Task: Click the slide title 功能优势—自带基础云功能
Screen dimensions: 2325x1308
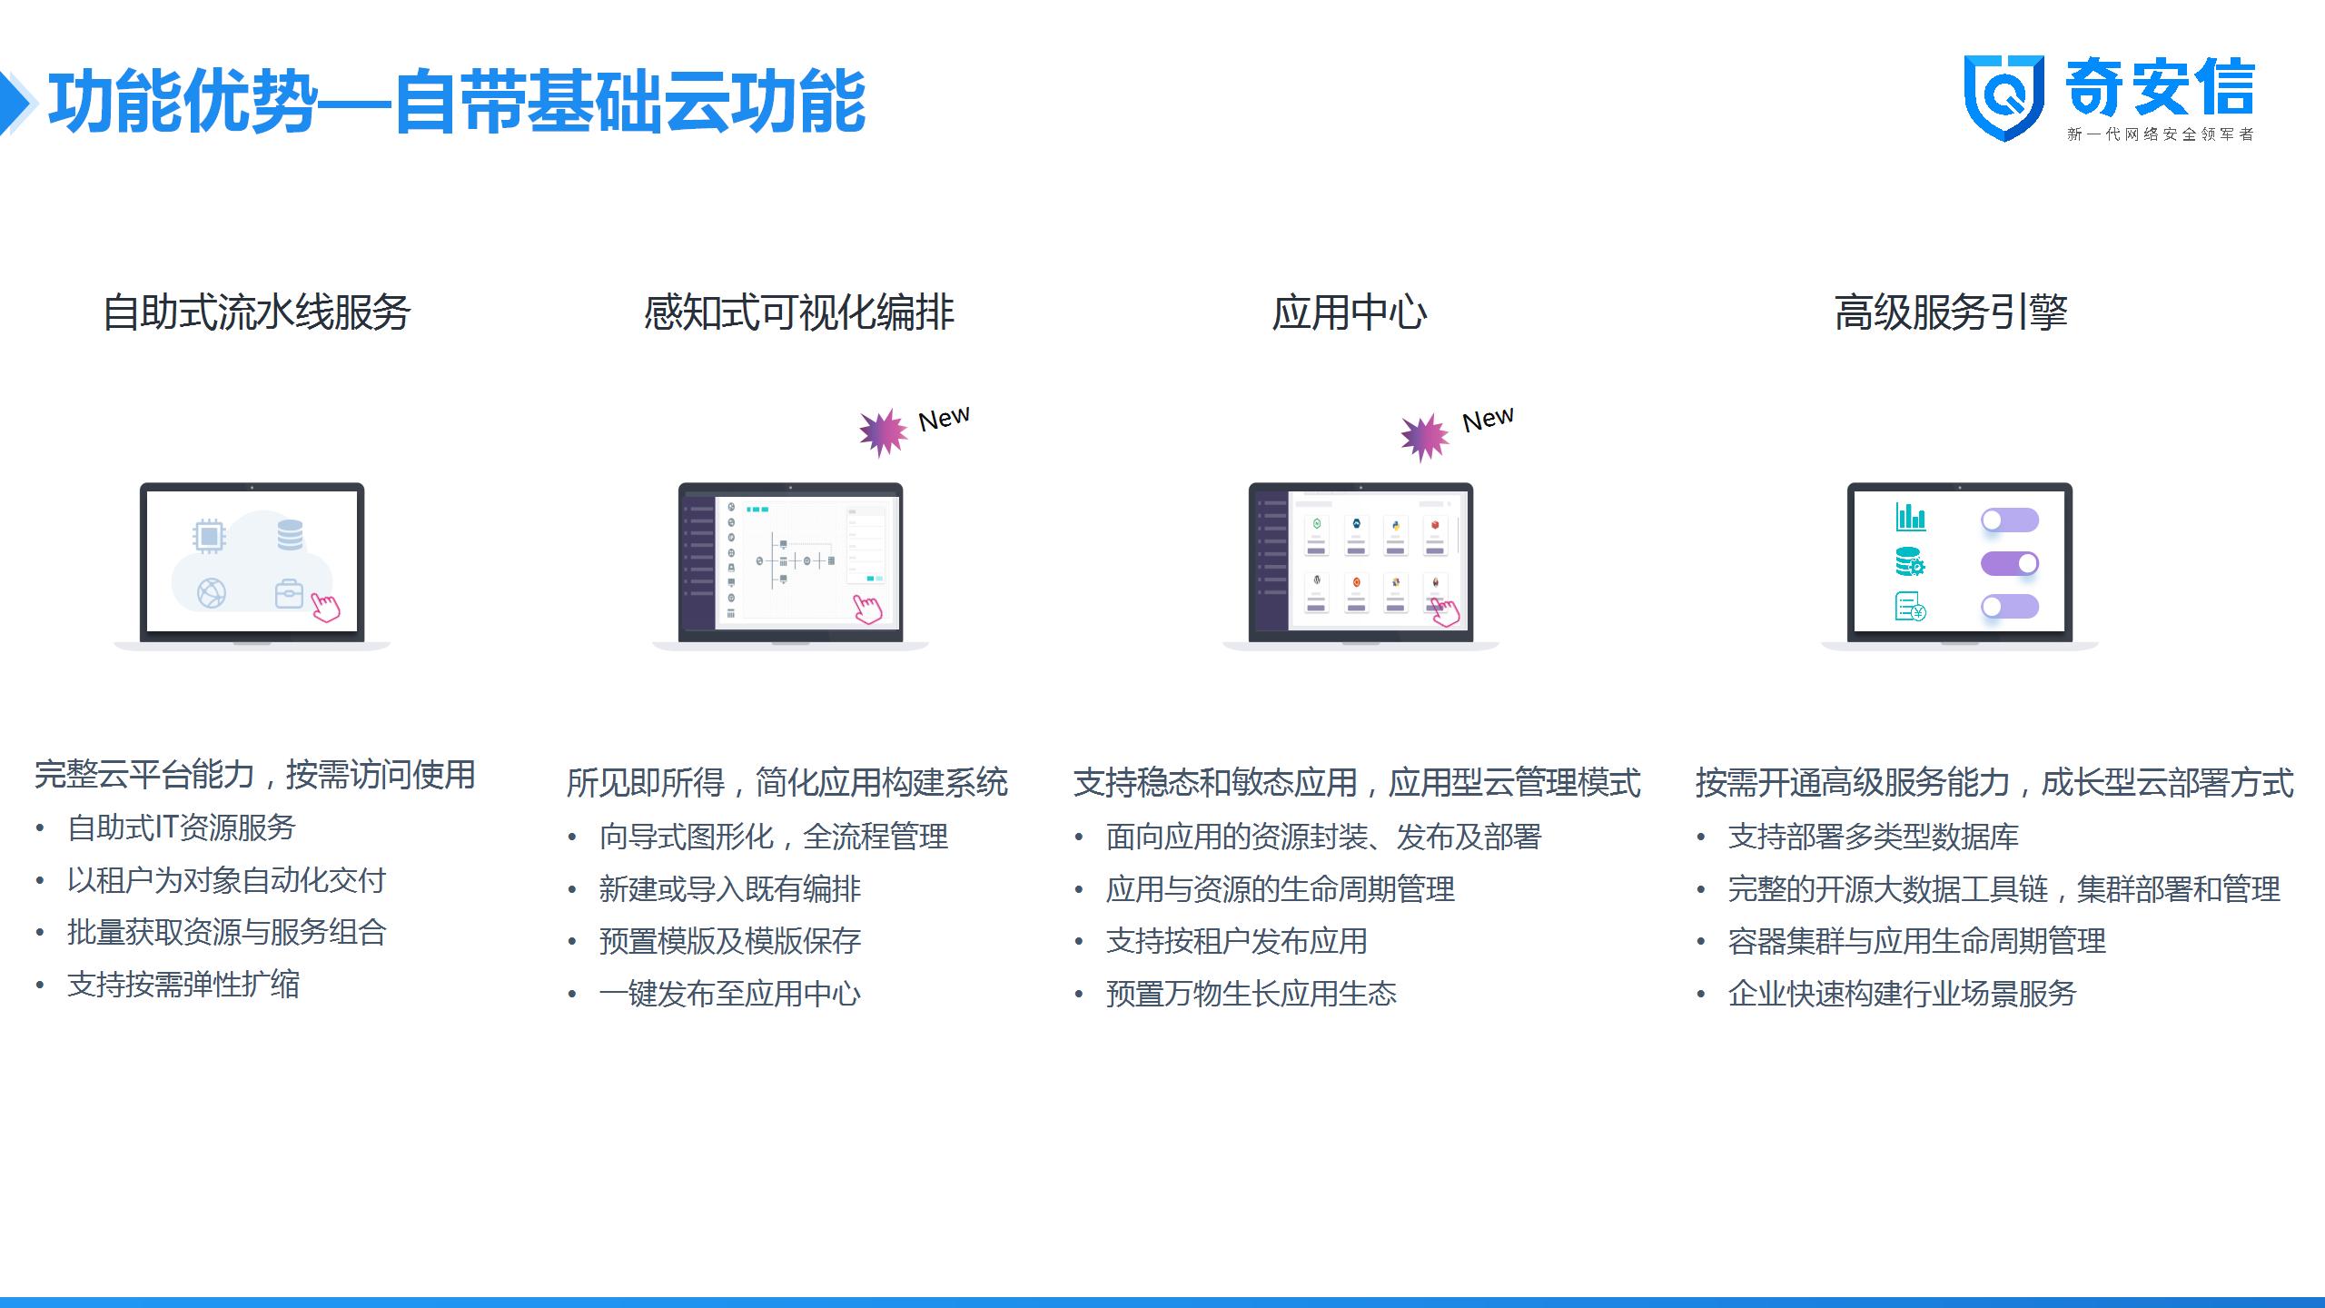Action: point(457,102)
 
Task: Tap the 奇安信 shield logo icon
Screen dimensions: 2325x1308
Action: point(2003,98)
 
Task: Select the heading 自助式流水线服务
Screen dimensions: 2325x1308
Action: point(257,312)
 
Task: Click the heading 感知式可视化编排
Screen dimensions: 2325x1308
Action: point(798,312)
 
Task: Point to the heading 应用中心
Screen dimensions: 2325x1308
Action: point(1350,312)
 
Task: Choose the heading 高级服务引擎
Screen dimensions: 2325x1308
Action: point(1951,312)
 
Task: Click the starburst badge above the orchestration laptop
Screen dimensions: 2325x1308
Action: point(883,432)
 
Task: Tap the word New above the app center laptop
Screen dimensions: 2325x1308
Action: point(1488,419)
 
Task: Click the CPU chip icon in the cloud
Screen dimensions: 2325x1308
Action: point(209,536)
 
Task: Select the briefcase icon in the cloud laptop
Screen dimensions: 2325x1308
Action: point(289,593)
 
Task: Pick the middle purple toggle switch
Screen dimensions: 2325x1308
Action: point(2010,563)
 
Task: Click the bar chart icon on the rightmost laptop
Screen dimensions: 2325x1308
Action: point(1911,517)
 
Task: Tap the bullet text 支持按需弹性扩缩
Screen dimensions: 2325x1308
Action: point(183,985)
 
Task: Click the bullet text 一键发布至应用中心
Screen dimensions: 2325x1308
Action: point(730,994)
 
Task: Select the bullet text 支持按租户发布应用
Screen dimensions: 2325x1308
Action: point(1237,941)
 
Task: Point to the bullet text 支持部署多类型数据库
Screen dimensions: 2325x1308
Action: point(1874,837)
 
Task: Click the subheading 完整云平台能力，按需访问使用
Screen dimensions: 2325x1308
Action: point(255,775)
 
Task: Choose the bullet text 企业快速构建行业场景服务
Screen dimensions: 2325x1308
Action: point(1903,994)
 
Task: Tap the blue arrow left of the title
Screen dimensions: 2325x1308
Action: point(16,103)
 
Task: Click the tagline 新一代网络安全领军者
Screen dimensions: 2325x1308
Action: point(2161,134)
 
